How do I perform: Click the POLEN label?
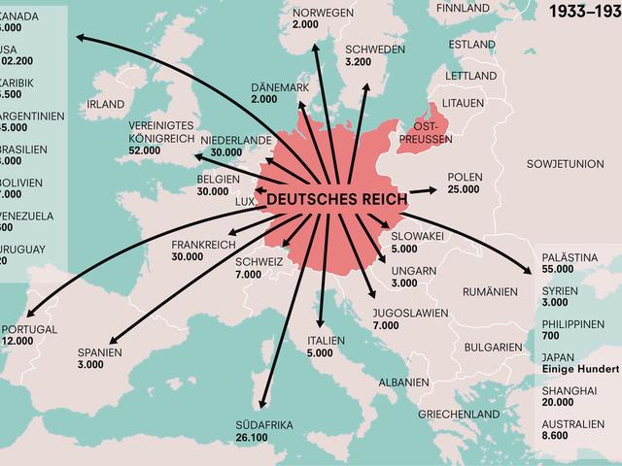[465, 177]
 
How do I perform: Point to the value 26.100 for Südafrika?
[254, 438]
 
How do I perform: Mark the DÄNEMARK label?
[280, 86]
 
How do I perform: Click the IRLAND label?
[106, 104]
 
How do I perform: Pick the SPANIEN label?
[100, 352]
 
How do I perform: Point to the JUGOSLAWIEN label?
[409, 313]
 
